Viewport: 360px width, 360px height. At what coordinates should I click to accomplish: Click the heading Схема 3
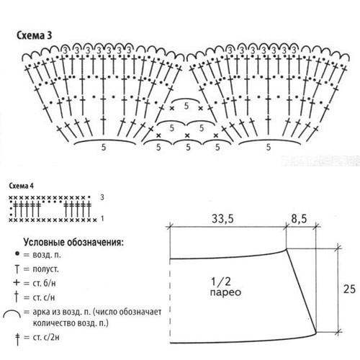point(34,35)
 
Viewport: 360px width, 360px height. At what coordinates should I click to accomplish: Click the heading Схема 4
point(21,186)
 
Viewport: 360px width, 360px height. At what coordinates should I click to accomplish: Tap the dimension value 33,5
point(222,219)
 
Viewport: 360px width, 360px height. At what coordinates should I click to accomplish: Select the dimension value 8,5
point(299,219)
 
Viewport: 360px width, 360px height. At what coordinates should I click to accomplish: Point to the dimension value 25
point(349,289)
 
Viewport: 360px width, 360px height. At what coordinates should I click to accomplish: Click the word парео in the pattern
point(225,292)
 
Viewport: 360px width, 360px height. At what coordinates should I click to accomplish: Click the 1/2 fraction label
point(221,282)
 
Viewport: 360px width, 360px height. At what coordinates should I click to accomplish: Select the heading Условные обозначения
point(73,243)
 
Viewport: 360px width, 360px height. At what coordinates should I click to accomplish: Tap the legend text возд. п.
point(47,255)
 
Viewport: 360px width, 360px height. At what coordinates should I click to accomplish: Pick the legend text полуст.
point(45,269)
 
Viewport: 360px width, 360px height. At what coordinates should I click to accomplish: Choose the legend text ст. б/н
point(44,283)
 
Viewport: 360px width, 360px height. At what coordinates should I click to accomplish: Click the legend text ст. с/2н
point(46,337)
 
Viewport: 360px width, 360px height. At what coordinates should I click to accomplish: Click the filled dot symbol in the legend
point(17,253)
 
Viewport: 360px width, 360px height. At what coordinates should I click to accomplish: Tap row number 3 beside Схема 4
point(102,197)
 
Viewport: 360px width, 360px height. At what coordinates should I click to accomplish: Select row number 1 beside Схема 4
point(102,219)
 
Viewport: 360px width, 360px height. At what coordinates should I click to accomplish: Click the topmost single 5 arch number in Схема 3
point(186,106)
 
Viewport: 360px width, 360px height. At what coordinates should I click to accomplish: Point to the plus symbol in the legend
point(17,282)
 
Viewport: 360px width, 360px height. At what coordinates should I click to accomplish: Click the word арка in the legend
point(42,312)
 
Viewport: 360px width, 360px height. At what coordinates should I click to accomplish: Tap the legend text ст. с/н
point(44,298)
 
